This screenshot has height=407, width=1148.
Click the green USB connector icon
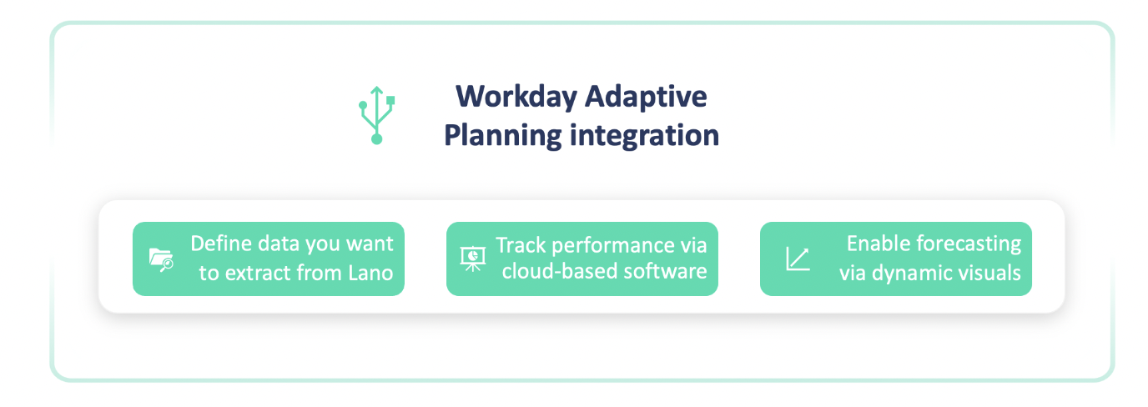pos(377,115)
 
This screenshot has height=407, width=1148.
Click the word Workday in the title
pos(516,97)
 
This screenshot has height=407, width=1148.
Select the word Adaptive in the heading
pos(646,97)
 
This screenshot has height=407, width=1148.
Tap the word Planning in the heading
pos(503,135)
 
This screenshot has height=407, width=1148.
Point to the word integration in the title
pos(644,135)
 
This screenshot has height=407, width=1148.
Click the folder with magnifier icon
pos(162,259)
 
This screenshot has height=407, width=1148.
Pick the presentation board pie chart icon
pos(472,259)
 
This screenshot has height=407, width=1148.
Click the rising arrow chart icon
pos(798,259)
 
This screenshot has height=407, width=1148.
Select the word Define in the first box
pos(221,244)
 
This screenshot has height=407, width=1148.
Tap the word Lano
pos(370,273)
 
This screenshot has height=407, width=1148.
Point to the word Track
pos(521,245)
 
